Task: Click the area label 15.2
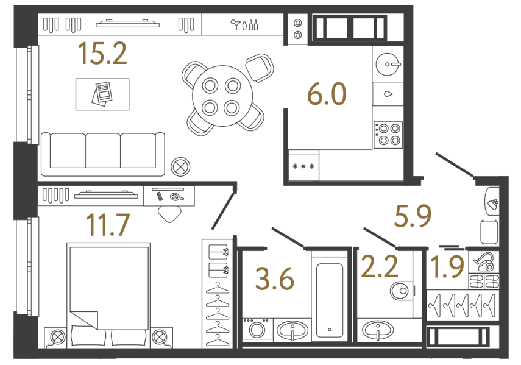[x=102, y=55]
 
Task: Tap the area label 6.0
[x=327, y=95]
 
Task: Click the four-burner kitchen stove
[x=388, y=134]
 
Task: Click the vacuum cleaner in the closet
[x=486, y=261]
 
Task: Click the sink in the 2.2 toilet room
[x=378, y=331]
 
